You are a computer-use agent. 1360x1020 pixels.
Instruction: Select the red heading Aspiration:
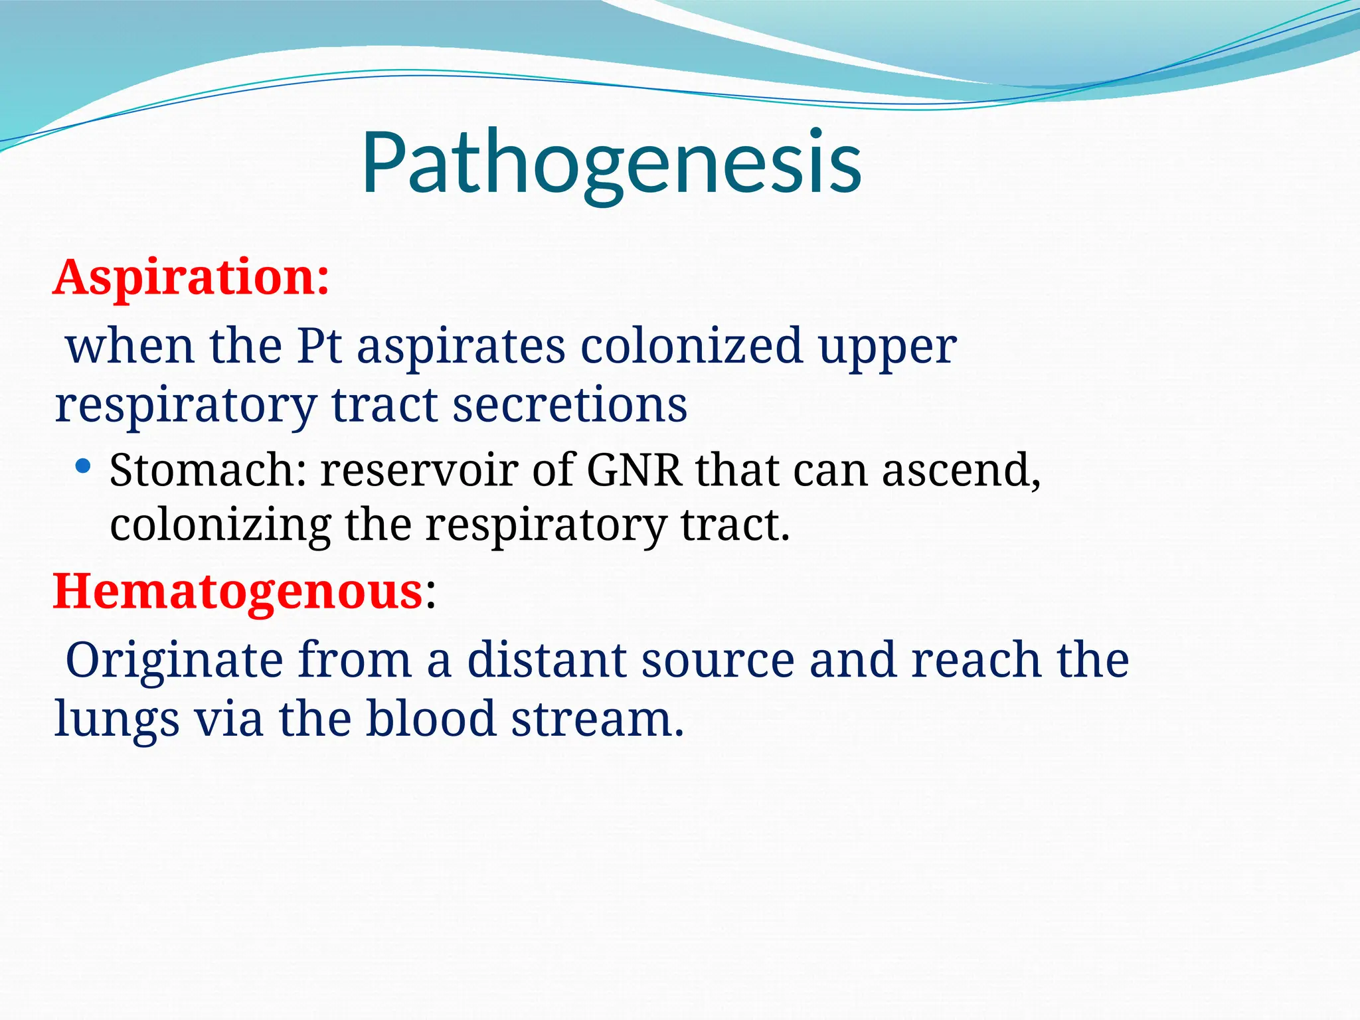pyautogui.click(x=191, y=277)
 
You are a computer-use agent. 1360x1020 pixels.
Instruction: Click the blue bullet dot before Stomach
pyautogui.click(x=82, y=466)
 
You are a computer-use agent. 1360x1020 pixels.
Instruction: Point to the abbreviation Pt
pyautogui.click(x=319, y=346)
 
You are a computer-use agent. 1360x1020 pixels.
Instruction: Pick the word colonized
pyautogui.click(x=691, y=346)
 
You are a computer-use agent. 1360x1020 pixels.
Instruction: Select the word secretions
pyautogui.click(x=570, y=404)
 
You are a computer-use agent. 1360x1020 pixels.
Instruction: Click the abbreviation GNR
pyautogui.click(x=634, y=470)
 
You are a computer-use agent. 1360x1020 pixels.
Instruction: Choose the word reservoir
pyautogui.click(x=419, y=470)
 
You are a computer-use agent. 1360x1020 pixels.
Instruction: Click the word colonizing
pyautogui.click(x=220, y=526)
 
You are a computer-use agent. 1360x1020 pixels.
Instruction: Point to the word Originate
pyautogui.click(x=174, y=661)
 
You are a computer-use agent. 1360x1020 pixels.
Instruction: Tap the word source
pyautogui.click(x=717, y=661)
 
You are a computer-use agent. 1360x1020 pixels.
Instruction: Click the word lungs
pyautogui.click(x=116, y=720)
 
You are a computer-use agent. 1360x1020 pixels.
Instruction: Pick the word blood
pyautogui.click(x=431, y=719)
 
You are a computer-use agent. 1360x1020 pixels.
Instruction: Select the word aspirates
pyautogui.click(x=461, y=347)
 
